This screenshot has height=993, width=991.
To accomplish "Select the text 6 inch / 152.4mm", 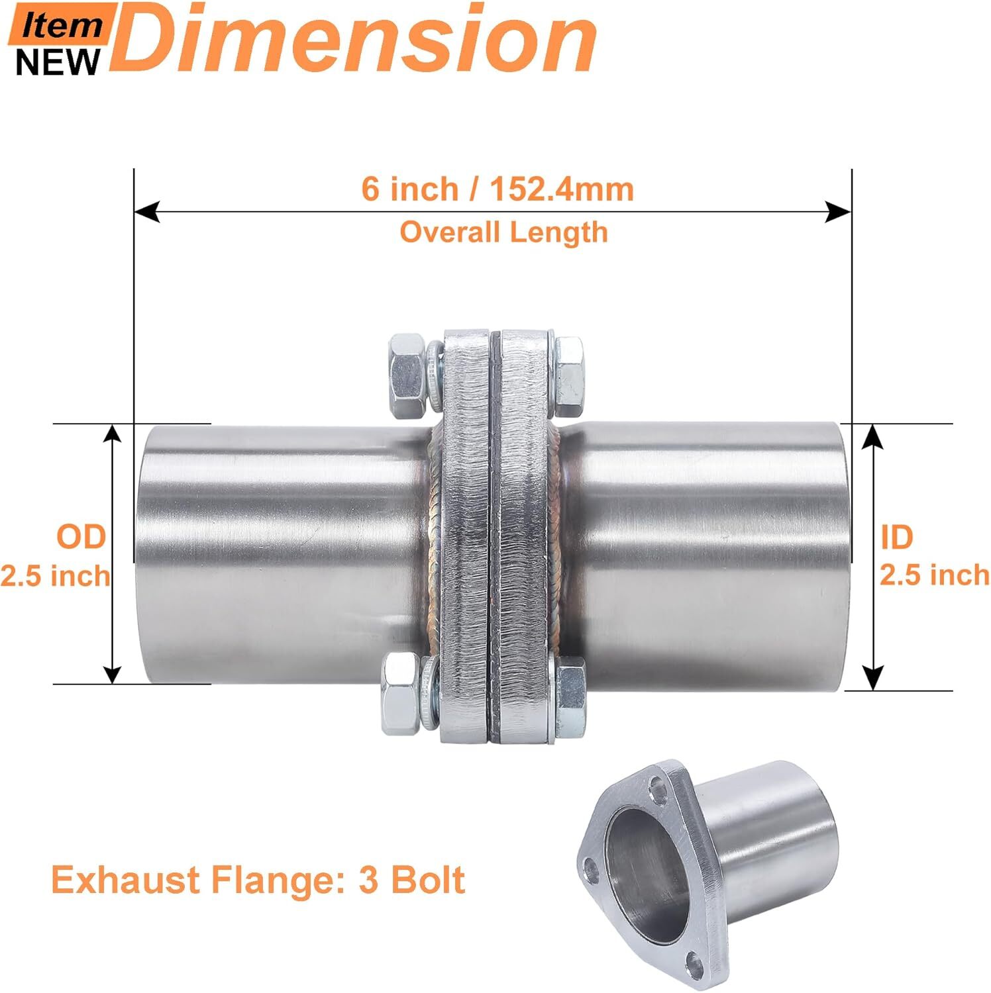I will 497,189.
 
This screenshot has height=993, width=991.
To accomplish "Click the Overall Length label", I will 503,232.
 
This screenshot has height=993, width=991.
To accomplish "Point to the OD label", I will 81,536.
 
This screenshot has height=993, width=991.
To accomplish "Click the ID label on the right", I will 897,538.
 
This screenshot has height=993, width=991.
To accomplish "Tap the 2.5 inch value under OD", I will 56,576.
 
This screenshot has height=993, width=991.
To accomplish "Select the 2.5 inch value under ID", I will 934,575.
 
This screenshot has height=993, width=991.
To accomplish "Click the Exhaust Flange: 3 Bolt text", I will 258,880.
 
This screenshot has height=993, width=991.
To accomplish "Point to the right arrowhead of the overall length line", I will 838,213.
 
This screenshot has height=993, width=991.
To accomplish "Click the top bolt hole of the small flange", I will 658,790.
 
